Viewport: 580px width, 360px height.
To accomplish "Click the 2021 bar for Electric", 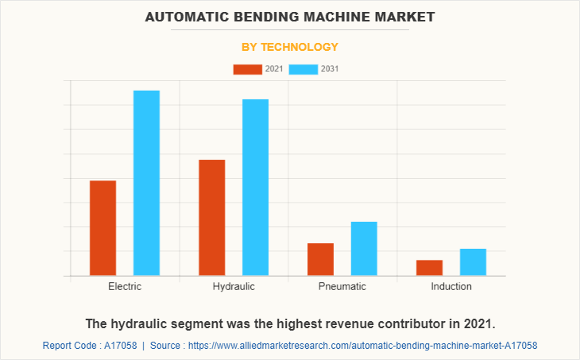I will (102, 228).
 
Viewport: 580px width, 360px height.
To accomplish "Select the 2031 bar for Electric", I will (146, 183).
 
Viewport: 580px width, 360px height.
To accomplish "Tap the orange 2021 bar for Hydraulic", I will (212, 218).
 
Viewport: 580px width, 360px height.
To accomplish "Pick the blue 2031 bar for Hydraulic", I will (255, 188).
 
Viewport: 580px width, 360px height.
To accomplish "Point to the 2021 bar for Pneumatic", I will (320, 259).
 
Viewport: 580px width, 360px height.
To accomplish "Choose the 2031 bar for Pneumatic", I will (364, 249).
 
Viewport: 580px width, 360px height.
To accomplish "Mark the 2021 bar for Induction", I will (430, 268).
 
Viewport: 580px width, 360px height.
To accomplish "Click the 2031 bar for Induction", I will (473, 262).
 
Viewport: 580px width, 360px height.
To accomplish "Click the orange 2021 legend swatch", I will (247, 69).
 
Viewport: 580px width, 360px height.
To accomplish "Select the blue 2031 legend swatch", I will (304, 69).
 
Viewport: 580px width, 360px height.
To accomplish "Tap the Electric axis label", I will (125, 286).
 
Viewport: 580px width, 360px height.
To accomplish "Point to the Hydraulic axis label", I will (234, 286).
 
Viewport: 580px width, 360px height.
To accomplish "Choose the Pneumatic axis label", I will (342, 286).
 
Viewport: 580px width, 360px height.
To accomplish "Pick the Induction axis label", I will (451, 286).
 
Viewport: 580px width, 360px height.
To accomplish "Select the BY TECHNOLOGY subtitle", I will (290, 47).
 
